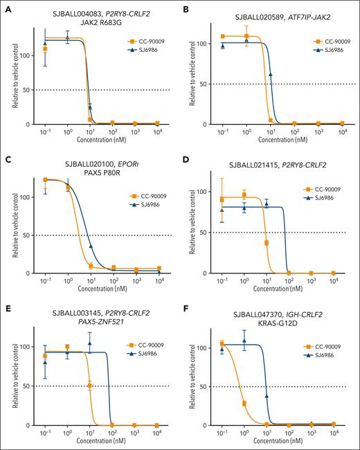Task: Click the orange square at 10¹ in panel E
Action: (90, 386)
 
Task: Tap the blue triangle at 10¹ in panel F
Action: (267, 377)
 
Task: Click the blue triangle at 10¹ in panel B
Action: (270, 74)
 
